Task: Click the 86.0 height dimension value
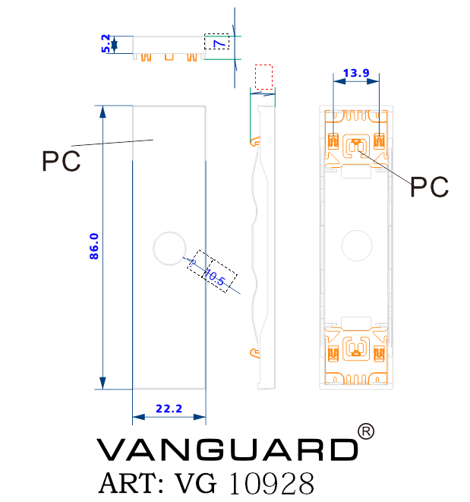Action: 94,247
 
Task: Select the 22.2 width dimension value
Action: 169,409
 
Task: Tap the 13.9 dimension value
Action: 356,73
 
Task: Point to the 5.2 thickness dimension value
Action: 106,43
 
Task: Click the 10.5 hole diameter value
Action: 216,279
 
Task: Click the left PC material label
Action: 61,162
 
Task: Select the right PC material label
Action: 429,186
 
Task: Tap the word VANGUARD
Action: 227,450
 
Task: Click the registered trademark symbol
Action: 366,431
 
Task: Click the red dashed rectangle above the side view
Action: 263,77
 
